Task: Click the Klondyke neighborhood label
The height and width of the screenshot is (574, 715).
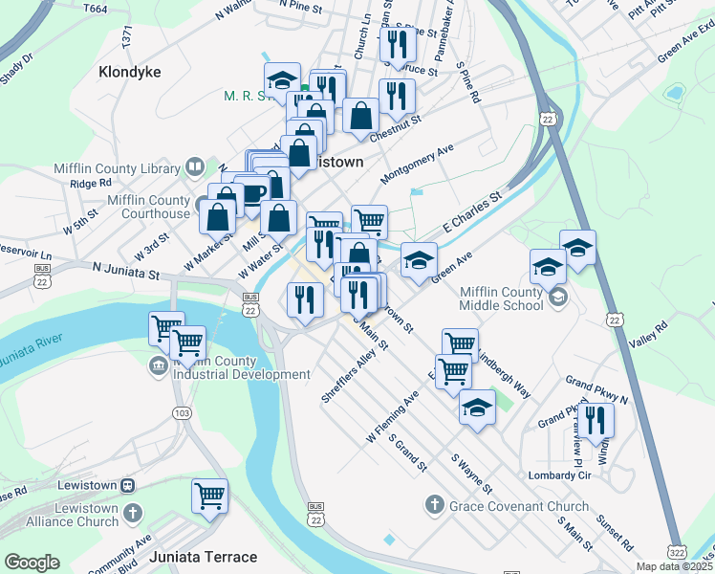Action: (x=129, y=72)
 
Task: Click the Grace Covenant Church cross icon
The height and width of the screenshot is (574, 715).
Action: (x=433, y=504)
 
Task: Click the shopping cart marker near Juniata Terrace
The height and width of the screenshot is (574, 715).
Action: (x=209, y=497)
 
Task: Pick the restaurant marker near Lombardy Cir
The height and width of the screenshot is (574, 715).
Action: (x=596, y=420)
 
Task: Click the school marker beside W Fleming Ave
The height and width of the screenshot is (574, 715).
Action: (x=477, y=408)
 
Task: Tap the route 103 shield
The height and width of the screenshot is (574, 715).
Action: (x=182, y=413)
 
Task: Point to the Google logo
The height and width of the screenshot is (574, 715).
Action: (x=32, y=563)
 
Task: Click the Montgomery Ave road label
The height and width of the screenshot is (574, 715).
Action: (x=417, y=166)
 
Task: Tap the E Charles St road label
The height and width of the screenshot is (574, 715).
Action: (x=471, y=215)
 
